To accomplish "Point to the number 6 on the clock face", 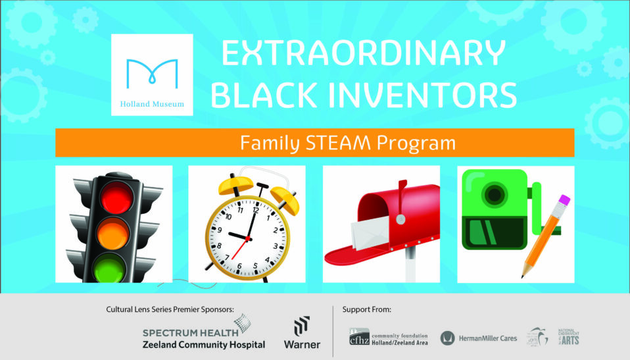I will pyautogui.click(x=239, y=267).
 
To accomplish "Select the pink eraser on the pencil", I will pyautogui.click(x=564, y=201).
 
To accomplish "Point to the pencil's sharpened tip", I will pyautogui.click(x=525, y=275).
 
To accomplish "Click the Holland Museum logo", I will pyautogui.click(x=152, y=74).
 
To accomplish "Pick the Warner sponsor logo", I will pyautogui.click(x=302, y=333).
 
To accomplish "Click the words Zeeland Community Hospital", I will pyautogui.click(x=204, y=345).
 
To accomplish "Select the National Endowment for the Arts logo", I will pyautogui.click(x=568, y=338).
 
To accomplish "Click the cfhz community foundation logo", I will pyautogui.click(x=387, y=338).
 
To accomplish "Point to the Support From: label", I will pyautogui.click(x=367, y=309).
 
